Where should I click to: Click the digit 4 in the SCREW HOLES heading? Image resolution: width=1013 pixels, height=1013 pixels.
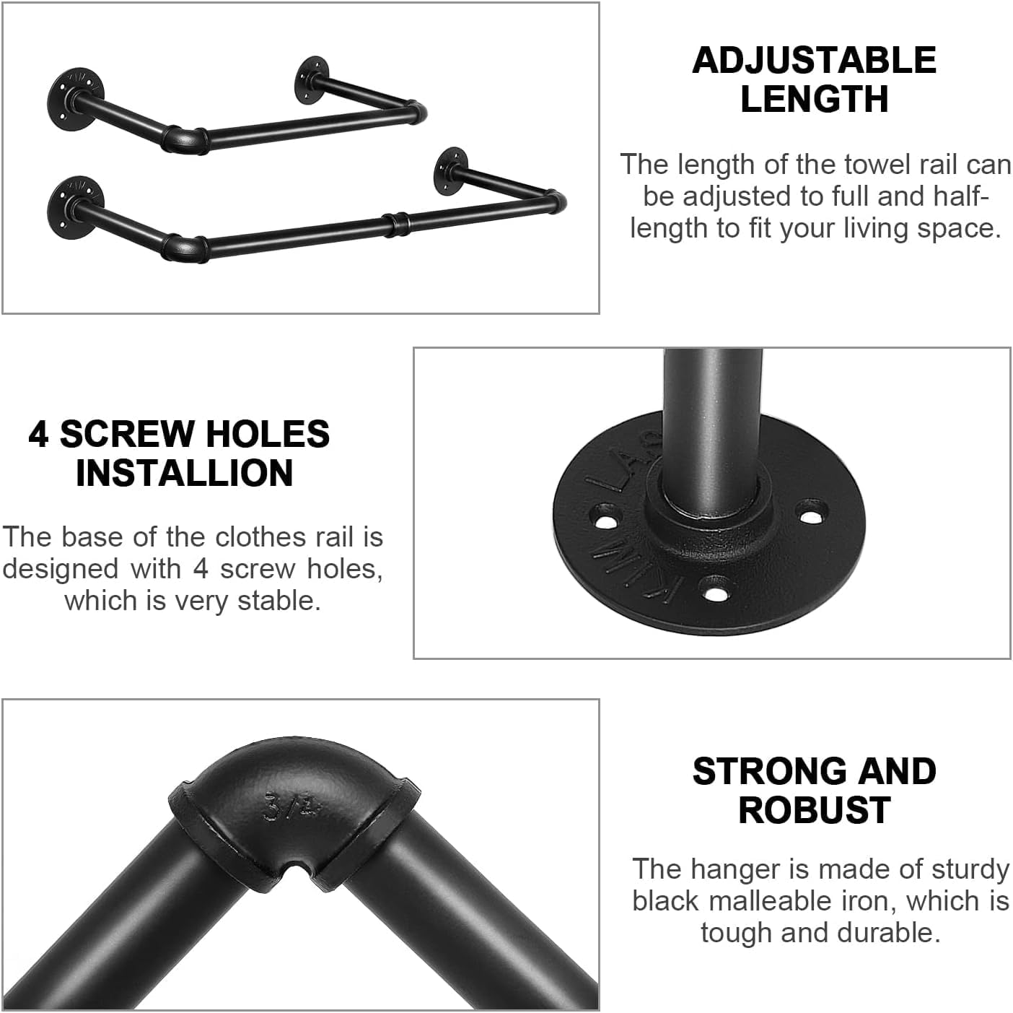[38, 434]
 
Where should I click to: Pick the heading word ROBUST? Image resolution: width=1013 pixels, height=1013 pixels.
[815, 810]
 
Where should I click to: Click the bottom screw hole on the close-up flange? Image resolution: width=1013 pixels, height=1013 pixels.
[716, 590]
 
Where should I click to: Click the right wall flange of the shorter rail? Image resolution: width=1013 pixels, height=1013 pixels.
[311, 79]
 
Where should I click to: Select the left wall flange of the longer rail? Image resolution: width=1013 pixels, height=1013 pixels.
[74, 207]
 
